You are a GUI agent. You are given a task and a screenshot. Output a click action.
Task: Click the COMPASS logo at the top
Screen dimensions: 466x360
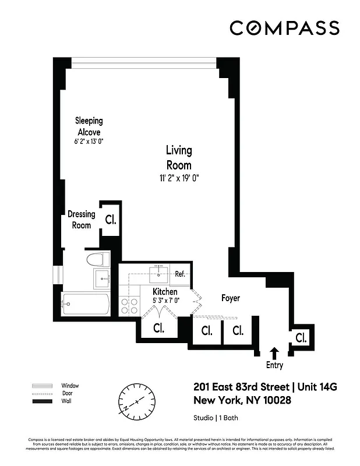(x=284, y=27)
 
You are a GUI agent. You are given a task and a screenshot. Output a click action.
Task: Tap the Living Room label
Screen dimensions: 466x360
(x=178, y=157)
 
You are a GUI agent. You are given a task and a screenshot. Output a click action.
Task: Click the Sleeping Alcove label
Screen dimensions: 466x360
(x=89, y=126)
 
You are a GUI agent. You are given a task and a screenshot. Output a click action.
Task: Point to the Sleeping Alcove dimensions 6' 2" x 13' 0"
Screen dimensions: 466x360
(x=89, y=142)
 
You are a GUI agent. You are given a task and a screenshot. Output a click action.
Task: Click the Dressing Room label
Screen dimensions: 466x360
(x=81, y=219)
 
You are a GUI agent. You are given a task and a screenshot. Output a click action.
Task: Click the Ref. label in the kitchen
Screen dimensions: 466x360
(x=180, y=274)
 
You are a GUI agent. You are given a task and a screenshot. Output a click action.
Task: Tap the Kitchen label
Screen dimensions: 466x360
(x=165, y=291)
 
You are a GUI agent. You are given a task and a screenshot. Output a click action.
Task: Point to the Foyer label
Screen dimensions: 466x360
(x=231, y=298)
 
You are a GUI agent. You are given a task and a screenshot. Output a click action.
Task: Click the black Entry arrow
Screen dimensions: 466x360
(x=274, y=352)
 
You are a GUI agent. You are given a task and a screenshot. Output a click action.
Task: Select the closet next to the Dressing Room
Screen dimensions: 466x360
(x=110, y=220)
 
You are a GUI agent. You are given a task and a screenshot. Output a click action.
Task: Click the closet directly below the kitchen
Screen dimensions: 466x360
(x=158, y=328)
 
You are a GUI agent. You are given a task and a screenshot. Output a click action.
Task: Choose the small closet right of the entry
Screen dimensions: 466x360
(x=301, y=338)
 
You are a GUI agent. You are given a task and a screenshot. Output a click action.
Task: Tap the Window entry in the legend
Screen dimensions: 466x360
(x=70, y=386)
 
